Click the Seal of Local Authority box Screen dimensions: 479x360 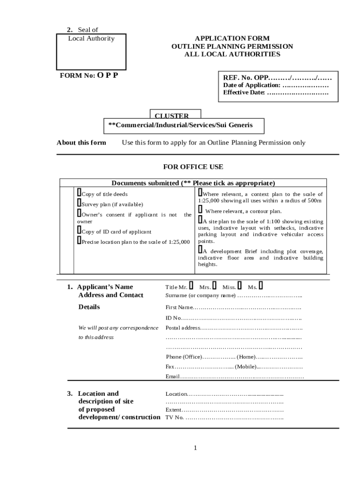[91, 51]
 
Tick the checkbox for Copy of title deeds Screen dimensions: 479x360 [79, 193]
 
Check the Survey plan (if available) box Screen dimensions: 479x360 [79, 203]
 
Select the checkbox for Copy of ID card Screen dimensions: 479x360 [79, 230]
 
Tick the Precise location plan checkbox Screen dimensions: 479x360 [79, 240]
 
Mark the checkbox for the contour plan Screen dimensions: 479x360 [200, 210]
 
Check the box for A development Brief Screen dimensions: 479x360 [200, 250]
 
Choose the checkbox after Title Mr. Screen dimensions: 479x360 [191, 285]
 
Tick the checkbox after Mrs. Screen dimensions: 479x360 [214, 285]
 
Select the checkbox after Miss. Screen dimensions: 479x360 [239, 285]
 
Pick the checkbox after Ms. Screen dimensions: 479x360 [260, 285]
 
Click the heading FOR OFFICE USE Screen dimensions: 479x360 [193, 167]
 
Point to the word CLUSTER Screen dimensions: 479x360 [172, 116]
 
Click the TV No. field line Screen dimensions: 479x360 [234, 418]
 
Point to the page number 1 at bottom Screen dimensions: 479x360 [195, 448]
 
